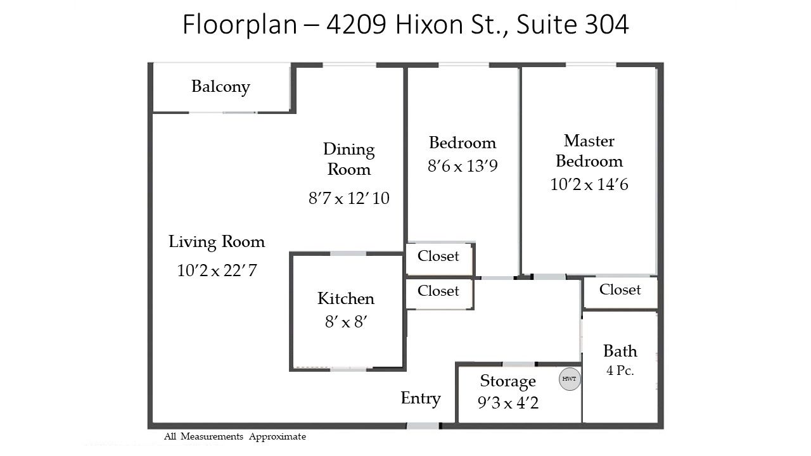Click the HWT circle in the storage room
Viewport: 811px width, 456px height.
tap(570, 379)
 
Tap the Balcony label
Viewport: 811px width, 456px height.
tap(220, 87)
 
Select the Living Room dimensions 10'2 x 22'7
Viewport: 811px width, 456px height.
tap(217, 270)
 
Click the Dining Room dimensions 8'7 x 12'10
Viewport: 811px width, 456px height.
tap(348, 198)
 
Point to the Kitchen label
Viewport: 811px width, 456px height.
tap(346, 298)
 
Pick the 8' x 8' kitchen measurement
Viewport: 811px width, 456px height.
tap(346, 322)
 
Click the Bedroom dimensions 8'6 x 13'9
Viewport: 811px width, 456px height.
tap(463, 166)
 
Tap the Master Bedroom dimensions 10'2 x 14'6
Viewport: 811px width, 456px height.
tap(589, 184)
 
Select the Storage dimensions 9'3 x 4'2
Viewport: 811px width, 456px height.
tap(508, 403)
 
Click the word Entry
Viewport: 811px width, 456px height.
tap(421, 399)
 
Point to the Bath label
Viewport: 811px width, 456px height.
tap(620, 351)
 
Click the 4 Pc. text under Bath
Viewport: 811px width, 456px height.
tap(620, 370)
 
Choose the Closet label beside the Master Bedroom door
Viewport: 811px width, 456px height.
tap(620, 289)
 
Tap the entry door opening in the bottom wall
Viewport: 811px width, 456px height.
tap(423, 426)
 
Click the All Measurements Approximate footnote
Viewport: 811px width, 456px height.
tap(235, 437)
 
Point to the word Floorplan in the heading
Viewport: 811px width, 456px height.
tap(239, 25)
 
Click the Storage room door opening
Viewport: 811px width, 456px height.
tap(518, 364)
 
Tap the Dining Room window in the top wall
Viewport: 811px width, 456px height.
tap(349, 65)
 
